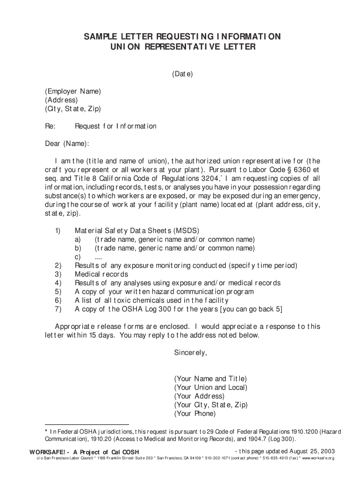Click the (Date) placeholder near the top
[182, 74]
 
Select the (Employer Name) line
[73, 91]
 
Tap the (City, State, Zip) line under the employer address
[73, 109]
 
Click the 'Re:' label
[50, 126]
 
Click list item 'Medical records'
[101, 274]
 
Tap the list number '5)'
[58, 291]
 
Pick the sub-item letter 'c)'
[78, 257]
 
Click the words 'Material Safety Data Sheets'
[123, 231]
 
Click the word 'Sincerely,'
[190, 353]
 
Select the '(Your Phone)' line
[194, 414]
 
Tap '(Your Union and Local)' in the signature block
[210, 387]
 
